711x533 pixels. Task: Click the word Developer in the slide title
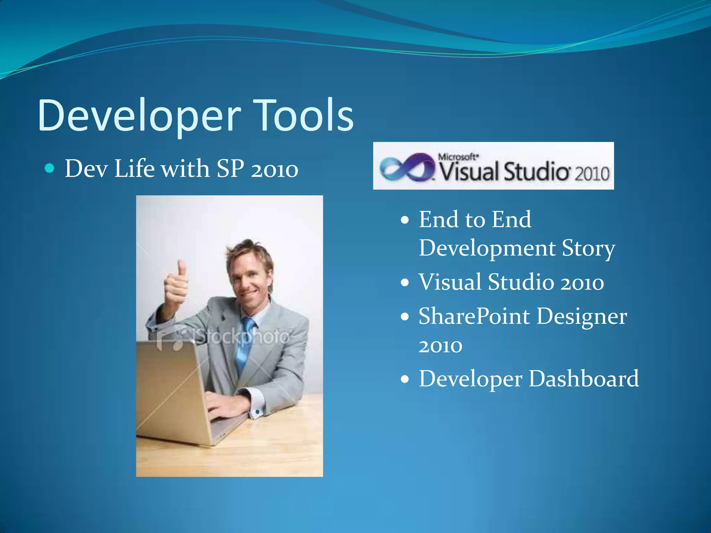tap(139, 116)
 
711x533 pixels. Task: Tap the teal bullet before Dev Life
tap(50, 169)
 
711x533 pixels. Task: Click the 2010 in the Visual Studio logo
tap(592, 174)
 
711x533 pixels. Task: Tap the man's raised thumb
tap(181, 269)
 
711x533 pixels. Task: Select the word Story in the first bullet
tap(588, 248)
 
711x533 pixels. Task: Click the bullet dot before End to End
tap(405, 220)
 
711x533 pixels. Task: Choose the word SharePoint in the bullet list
tap(474, 316)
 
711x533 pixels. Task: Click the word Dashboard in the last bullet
tap(583, 379)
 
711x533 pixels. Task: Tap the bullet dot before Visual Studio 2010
tap(405, 282)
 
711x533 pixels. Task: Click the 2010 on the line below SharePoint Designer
tap(440, 346)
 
